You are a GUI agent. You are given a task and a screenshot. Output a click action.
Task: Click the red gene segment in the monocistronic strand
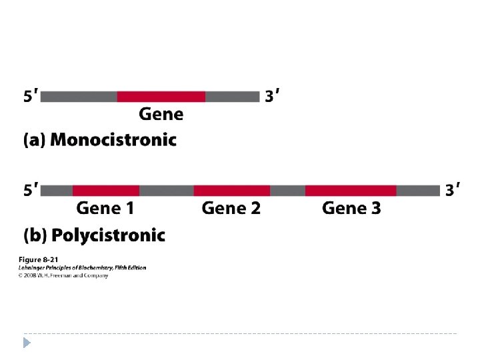(161, 97)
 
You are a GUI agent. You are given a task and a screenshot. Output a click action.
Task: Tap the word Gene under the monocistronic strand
(161, 114)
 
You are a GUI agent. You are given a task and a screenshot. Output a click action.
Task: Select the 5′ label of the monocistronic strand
(31, 97)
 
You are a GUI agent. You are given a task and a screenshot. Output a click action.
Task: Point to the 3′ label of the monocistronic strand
(271, 97)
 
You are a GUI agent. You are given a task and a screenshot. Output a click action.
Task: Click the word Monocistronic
(113, 140)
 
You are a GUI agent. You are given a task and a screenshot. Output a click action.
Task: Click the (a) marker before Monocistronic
(35, 140)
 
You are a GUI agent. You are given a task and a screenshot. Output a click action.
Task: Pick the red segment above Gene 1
(106, 191)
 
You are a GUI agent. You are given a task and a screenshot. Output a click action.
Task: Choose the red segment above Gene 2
(231, 191)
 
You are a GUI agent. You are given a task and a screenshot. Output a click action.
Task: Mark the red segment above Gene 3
(351, 191)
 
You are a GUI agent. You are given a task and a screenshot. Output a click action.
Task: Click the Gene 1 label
(105, 209)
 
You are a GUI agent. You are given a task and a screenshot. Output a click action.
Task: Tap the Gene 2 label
(231, 209)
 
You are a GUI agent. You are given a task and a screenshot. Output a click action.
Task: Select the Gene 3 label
(351, 209)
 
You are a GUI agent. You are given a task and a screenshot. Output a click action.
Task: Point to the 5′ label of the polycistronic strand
(31, 191)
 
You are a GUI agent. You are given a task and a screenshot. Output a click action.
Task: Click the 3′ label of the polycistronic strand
(453, 191)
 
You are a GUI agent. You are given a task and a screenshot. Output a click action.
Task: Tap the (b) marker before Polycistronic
(35, 235)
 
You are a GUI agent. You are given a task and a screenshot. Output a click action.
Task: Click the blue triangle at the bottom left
(27, 343)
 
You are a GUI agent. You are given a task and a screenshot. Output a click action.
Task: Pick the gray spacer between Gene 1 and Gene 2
(166, 191)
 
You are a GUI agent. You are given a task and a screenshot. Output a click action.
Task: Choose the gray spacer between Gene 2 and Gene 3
(287, 191)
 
